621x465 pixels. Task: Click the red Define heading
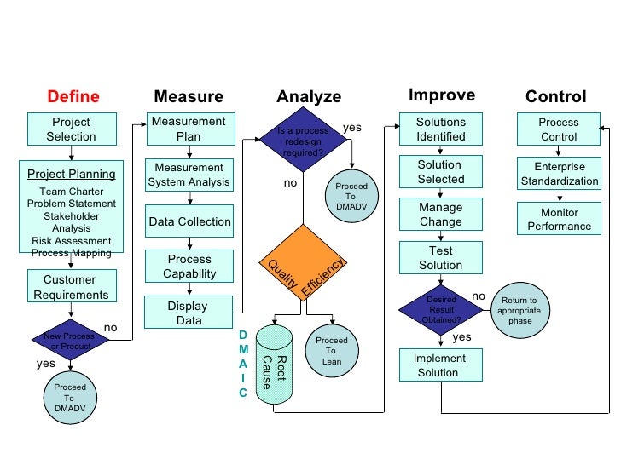[73, 96]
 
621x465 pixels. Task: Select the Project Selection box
[71, 129]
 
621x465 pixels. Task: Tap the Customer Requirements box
[71, 287]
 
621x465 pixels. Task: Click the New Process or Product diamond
[71, 342]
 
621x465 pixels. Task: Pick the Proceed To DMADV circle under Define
[69, 398]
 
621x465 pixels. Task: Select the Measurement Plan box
[189, 129]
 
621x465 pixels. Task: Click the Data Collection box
[189, 221]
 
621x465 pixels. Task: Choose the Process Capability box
[189, 267]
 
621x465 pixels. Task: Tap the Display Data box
[188, 313]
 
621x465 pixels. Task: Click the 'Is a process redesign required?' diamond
[303, 137]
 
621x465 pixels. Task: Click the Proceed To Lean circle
[331, 350]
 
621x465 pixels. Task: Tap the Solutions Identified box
[440, 129]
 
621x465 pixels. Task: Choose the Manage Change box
[440, 215]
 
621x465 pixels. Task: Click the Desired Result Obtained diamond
[441, 309]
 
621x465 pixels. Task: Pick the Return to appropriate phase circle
[519, 310]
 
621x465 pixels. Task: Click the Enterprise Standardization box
[560, 174]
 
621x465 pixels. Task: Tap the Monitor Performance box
[560, 219]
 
